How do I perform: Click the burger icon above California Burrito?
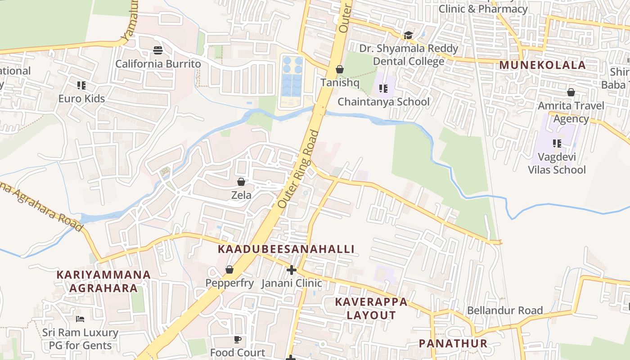[157, 50]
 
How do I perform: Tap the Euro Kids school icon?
[81, 85]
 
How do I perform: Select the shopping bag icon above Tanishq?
[340, 69]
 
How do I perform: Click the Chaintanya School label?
[383, 102]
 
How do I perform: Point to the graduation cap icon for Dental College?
[408, 35]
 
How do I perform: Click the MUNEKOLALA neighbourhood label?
[542, 65]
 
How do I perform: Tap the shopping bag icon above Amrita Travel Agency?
[571, 92]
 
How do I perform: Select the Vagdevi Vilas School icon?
[557, 144]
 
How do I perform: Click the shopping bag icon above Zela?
[241, 182]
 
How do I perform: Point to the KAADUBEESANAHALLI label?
[286, 249]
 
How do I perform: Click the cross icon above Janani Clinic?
[292, 270]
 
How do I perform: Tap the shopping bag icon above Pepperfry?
[229, 270]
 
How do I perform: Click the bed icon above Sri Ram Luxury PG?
[80, 319]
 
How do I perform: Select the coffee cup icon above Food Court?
[238, 339]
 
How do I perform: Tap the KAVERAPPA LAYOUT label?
[371, 308]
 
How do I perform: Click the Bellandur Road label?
[504, 310]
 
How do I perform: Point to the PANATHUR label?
[453, 343]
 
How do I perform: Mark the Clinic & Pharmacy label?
[483, 9]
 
